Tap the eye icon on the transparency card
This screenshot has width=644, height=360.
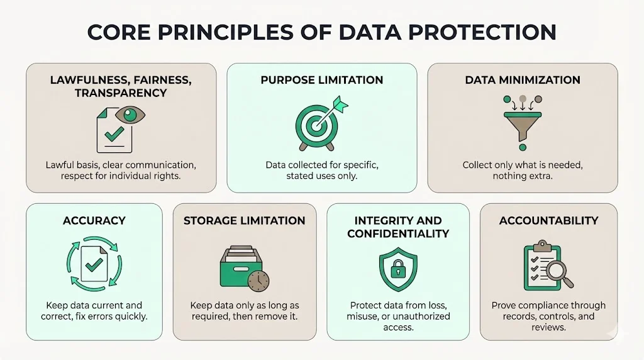131,115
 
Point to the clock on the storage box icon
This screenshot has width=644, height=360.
258,281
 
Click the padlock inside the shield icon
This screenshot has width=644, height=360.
397,271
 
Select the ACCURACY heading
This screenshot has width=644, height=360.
94,220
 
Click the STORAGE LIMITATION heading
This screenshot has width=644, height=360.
244,220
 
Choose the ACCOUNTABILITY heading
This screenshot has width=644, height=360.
548,220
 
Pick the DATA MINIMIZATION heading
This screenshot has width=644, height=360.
523,80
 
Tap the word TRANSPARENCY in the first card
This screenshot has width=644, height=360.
121,93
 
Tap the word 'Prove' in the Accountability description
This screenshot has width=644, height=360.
504,305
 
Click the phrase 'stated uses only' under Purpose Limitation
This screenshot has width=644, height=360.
321,176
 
